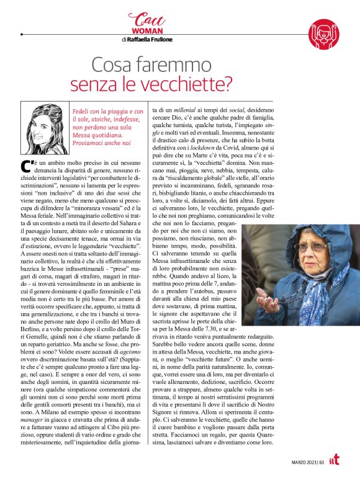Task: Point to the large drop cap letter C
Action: (26, 166)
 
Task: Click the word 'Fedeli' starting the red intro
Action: (84, 110)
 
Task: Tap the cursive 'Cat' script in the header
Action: (144, 19)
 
